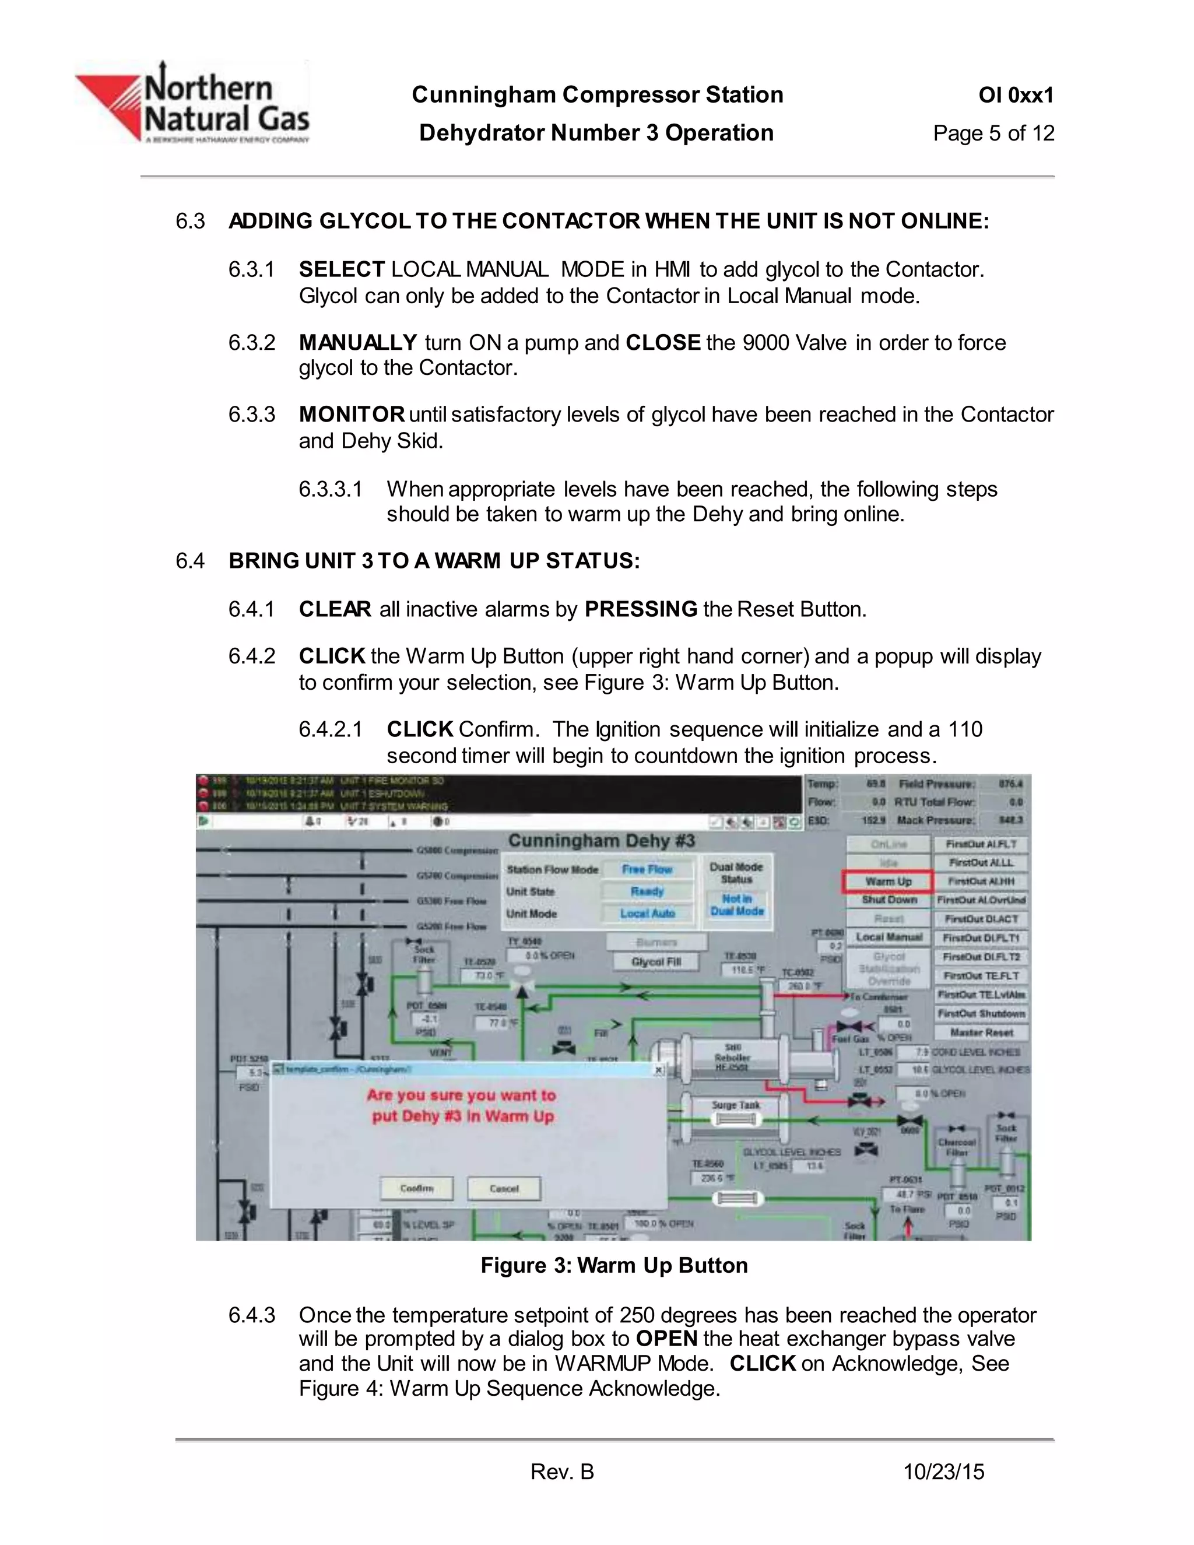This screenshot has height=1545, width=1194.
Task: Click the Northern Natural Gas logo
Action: click(x=192, y=103)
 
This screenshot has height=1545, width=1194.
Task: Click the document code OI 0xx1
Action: click(x=1016, y=95)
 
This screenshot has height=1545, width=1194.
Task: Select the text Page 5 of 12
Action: click(x=993, y=133)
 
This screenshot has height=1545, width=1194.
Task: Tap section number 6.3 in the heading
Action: click(x=189, y=222)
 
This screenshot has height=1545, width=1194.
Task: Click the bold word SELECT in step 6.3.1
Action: click(x=342, y=269)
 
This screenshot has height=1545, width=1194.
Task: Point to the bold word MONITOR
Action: click(x=352, y=415)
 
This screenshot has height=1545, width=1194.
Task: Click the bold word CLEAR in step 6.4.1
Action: click(x=335, y=609)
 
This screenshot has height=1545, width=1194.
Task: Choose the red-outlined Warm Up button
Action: click(x=888, y=882)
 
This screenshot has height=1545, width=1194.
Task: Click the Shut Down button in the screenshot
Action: click(x=889, y=900)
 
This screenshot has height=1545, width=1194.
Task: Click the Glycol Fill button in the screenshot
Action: click(x=656, y=962)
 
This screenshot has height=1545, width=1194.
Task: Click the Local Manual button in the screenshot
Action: click(x=889, y=937)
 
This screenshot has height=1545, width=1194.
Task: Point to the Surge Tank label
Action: click(x=736, y=1105)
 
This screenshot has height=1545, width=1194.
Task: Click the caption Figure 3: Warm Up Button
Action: click(x=614, y=1265)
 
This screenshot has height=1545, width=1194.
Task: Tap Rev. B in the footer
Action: click(x=563, y=1472)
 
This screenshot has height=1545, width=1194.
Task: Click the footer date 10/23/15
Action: click(x=944, y=1472)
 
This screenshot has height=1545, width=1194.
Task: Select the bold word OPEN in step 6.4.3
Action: click(x=666, y=1339)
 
